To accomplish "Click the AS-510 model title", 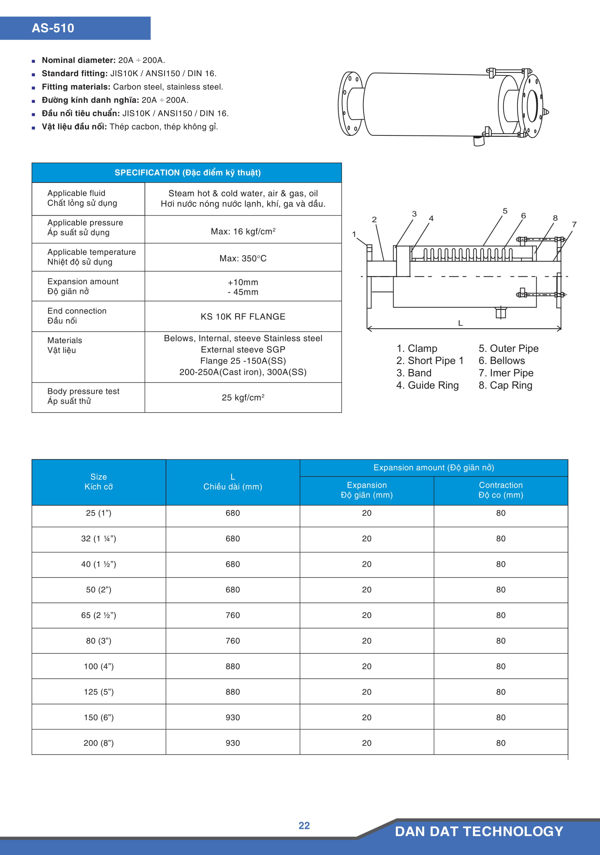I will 53,28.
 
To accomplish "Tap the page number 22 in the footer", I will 304,826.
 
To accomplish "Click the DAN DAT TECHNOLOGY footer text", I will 479,831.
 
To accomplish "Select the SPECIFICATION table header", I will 187,173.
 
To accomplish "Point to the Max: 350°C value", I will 243,258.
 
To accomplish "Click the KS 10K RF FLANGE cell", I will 243,317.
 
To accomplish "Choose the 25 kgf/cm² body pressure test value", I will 243,398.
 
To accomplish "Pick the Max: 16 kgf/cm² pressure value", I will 243,232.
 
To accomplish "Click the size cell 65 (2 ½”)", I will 99,615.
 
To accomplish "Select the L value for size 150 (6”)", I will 233,717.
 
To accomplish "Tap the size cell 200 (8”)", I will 99,743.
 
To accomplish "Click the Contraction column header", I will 501,490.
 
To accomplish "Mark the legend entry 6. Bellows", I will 502,360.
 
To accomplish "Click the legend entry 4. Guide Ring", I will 427,385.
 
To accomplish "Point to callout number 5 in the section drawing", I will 505,211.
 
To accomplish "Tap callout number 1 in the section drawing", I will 354,234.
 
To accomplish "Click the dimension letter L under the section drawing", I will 460,323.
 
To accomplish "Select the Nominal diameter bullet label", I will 78,60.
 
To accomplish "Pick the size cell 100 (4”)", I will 99,666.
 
